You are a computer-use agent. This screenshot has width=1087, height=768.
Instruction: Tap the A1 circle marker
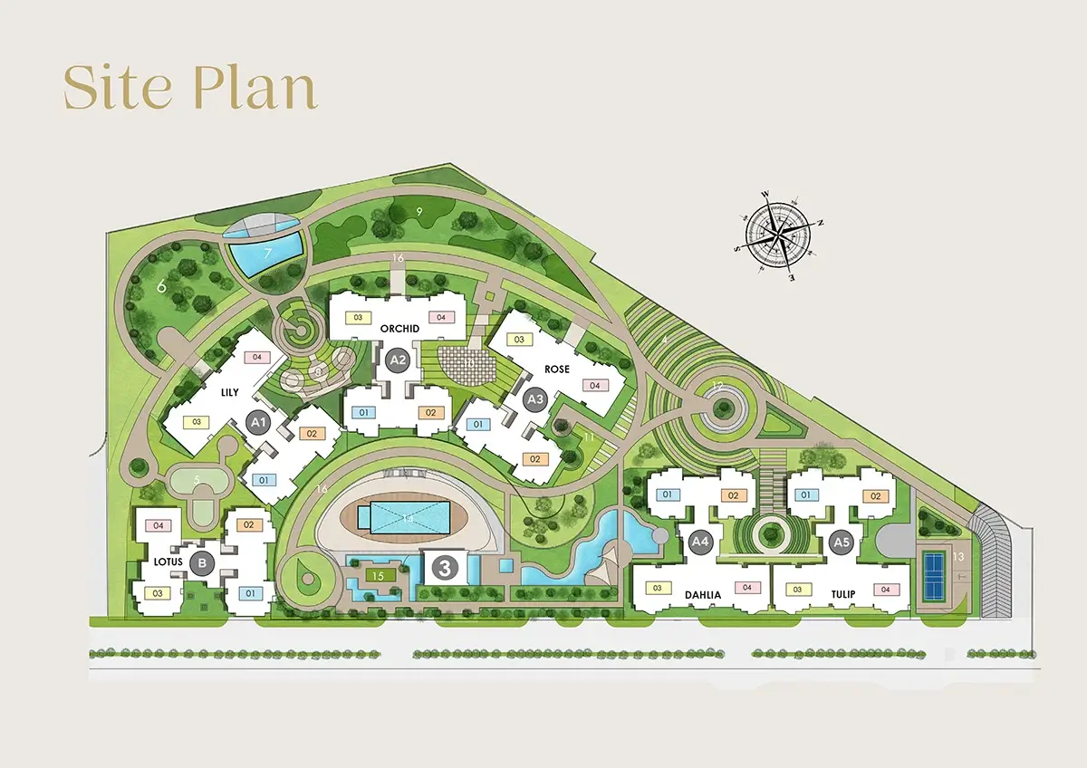(259, 422)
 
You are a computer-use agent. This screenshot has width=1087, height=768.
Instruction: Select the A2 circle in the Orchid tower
(397, 360)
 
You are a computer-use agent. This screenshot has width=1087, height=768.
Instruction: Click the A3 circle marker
(535, 398)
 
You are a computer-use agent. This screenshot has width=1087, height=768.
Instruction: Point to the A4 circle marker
(700, 542)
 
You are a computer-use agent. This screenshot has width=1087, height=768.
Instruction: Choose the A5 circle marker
(842, 542)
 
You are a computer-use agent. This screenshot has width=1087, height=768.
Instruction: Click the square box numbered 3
(445, 568)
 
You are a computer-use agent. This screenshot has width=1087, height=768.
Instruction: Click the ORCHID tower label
(398, 329)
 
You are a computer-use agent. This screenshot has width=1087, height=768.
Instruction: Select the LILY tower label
(229, 393)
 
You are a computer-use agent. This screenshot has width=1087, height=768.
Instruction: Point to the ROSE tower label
(557, 370)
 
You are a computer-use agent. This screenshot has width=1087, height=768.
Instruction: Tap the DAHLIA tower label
(702, 595)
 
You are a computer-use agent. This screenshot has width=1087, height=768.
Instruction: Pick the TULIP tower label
(843, 595)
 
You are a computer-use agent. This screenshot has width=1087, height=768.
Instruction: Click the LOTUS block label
(168, 562)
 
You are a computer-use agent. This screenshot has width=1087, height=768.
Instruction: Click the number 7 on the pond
(267, 254)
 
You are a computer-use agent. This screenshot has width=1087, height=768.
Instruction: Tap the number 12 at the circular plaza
(717, 388)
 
